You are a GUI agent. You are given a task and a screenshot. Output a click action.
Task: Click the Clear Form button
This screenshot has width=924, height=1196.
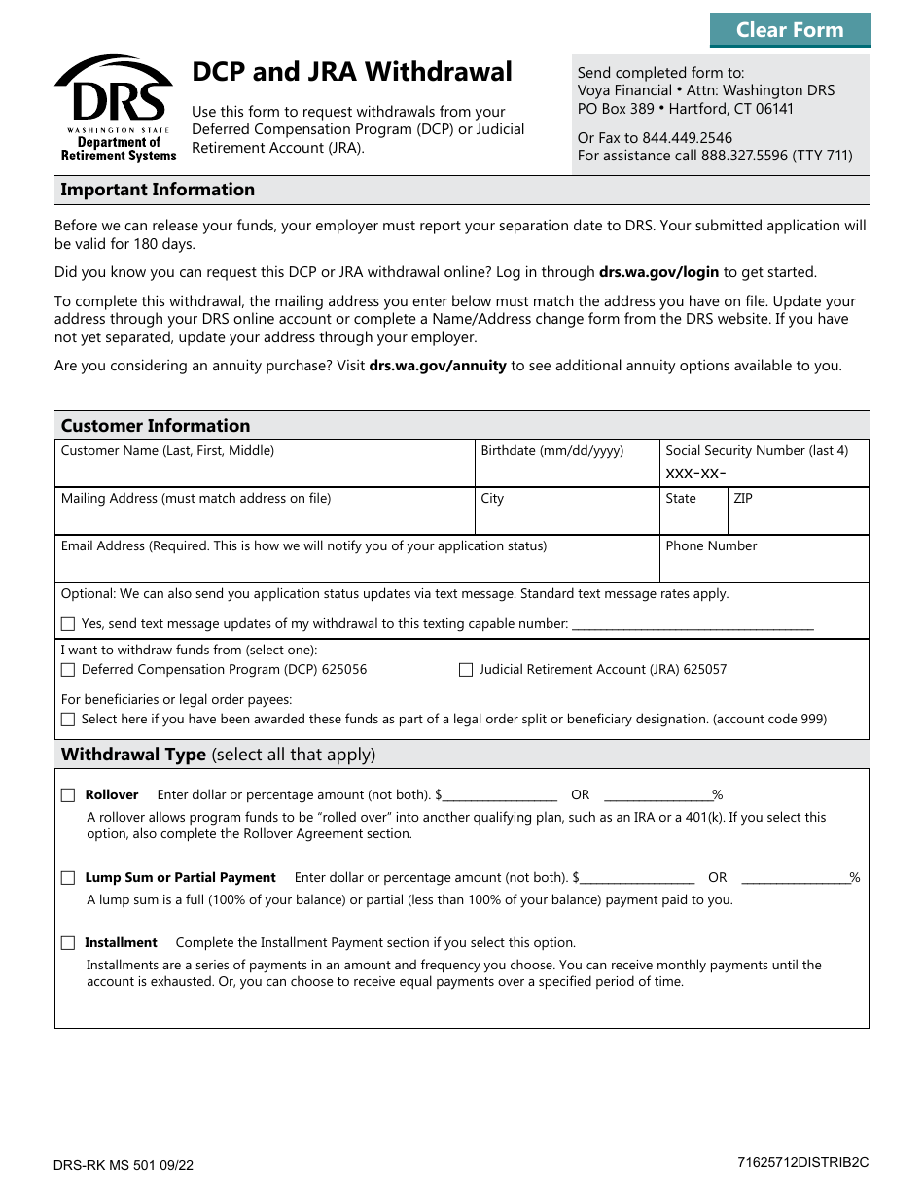789,30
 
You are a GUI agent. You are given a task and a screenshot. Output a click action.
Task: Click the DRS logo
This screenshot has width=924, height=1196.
115,108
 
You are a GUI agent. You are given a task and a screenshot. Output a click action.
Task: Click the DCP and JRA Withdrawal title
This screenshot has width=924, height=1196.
352,72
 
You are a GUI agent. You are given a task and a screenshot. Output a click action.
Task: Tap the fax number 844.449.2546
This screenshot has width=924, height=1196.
688,137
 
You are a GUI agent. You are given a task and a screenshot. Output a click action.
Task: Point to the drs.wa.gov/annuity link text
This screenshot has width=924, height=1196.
438,366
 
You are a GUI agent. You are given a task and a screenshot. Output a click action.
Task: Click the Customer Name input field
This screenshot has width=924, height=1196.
265,472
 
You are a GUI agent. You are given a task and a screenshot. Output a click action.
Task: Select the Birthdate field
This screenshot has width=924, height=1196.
566,472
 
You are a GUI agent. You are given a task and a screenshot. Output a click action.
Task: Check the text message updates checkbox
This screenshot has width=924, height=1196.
68,624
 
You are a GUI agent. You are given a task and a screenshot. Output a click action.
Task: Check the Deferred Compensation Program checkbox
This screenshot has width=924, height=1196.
68,670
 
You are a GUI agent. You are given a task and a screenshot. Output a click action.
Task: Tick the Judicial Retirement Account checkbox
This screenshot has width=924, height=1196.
466,670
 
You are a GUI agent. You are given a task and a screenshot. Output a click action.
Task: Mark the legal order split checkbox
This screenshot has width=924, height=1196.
68,720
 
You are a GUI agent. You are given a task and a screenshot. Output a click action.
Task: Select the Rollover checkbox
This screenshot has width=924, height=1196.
68,795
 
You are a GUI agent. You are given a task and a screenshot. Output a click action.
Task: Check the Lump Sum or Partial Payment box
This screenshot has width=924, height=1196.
68,878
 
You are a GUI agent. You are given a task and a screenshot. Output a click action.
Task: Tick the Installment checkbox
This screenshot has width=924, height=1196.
68,943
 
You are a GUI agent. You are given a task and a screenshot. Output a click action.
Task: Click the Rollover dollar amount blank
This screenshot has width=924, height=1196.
500,794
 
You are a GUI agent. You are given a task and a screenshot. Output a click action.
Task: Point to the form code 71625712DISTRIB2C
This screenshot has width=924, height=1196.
802,1162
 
